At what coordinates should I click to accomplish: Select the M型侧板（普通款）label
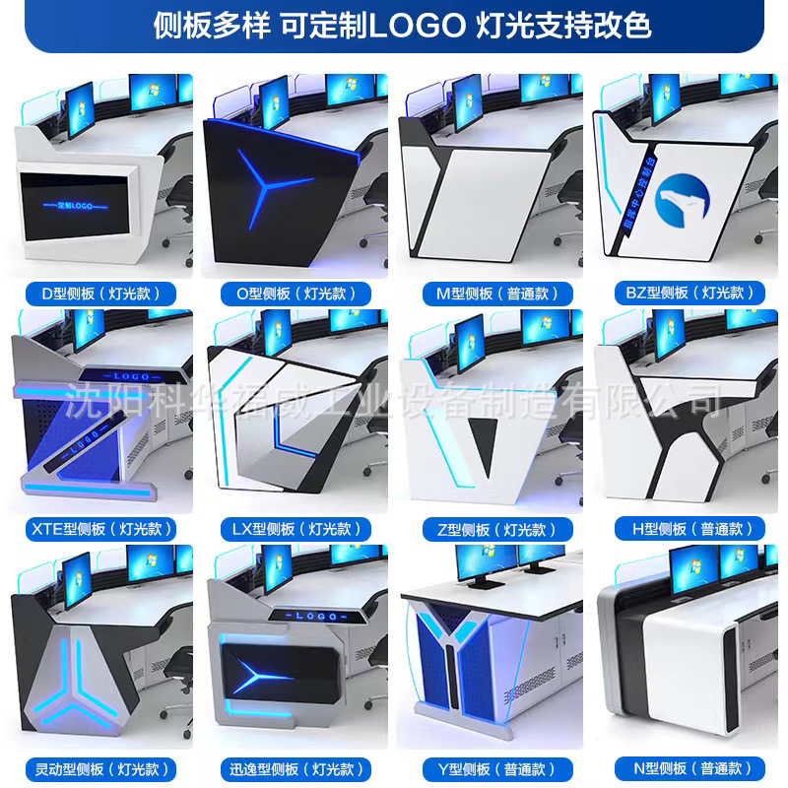pyautogui.click(x=491, y=293)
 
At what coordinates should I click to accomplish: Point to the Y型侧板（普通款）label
pyautogui.click(x=491, y=767)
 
